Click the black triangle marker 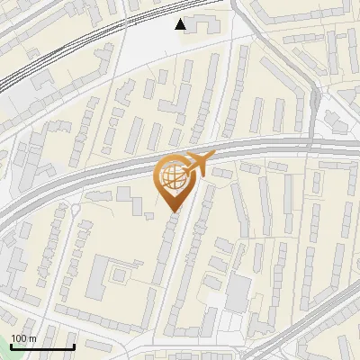click(181, 24)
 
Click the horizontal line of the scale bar click(41, 346)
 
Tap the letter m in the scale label click(32, 338)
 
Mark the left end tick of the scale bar click(11, 345)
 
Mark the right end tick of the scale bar click(73, 345)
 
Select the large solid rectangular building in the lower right click(238, 293)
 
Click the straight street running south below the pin click(185, 270)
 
